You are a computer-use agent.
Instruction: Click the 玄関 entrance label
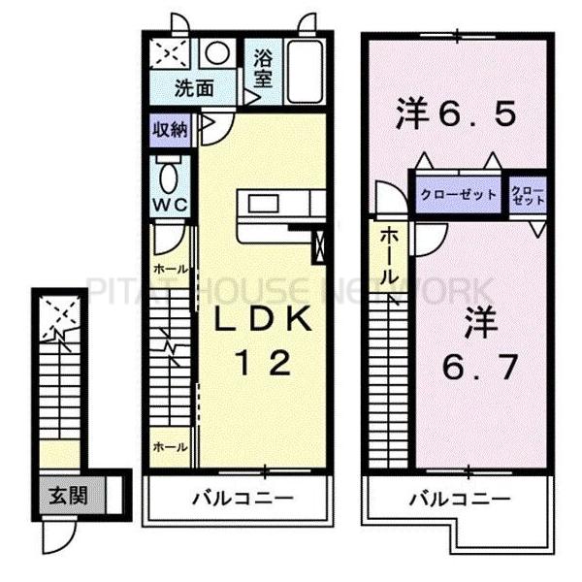point(69,496)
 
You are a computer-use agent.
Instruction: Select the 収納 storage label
point(171,128)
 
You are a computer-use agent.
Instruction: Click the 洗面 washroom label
point(194,88)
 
